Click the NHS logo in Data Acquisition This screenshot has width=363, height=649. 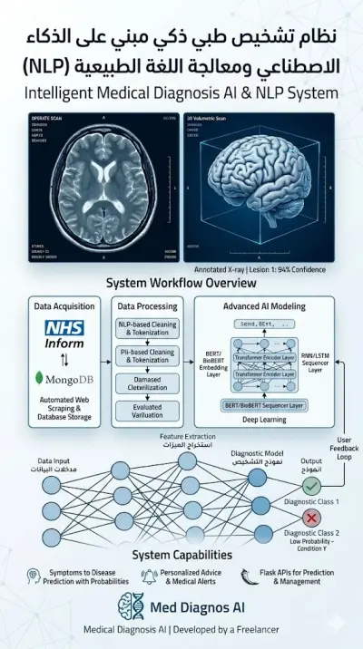tap(64, 329)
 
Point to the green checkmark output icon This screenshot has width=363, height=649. tap(311, 486)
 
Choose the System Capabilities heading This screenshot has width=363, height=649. tap(181, 554)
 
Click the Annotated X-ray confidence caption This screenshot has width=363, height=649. tap(259, 269)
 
